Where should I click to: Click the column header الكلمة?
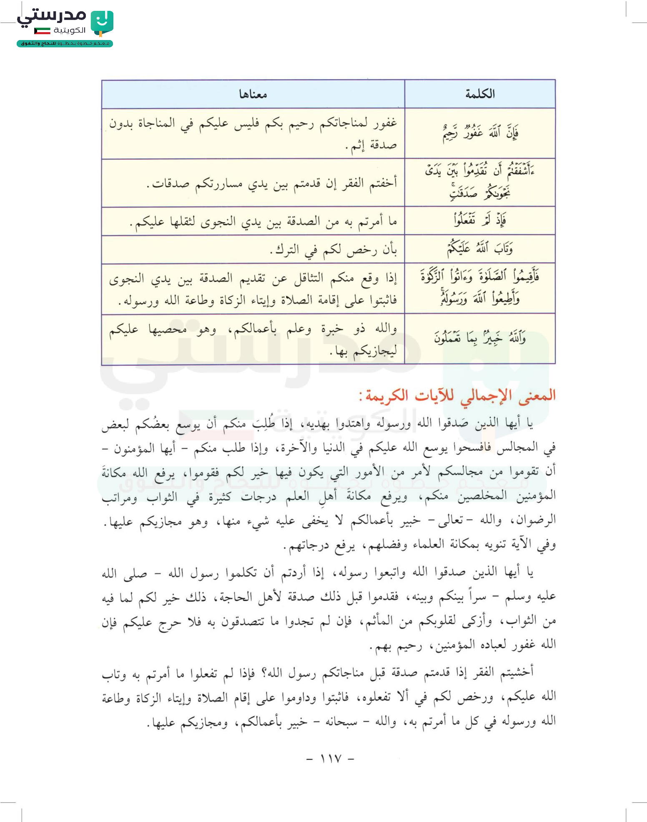point(480,94)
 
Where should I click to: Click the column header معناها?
point(253,94)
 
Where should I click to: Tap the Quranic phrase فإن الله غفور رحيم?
point(480,133)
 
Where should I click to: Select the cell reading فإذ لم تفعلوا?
point(480,220)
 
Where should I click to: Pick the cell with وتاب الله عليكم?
point(480,249)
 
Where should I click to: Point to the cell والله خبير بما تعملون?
point(480,338)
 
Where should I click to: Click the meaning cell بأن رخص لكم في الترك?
point(333,249)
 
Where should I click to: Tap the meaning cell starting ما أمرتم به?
point(263,221)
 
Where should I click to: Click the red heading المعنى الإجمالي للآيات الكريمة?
point(457,395)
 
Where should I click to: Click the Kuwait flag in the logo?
point(42,30)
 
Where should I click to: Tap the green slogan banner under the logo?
point(65,43)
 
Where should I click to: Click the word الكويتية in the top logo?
point(69,30)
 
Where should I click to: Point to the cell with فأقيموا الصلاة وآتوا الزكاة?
point(480,288)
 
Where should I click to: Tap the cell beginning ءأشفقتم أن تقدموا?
point(480,182)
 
